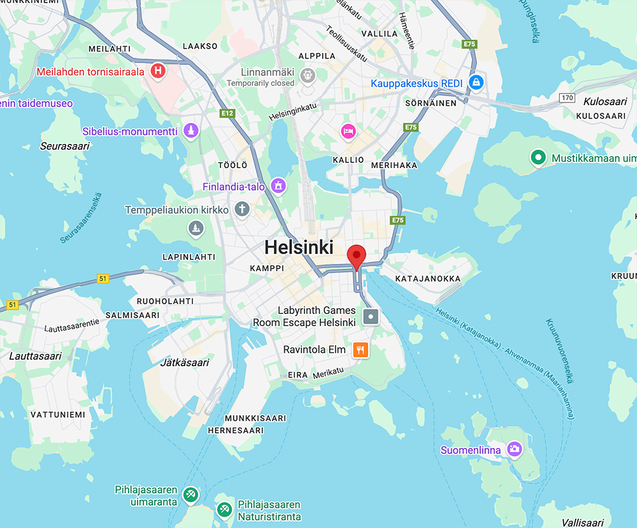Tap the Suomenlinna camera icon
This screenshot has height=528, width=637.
coord(514,450)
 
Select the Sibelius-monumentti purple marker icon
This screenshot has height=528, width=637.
coord(190,131)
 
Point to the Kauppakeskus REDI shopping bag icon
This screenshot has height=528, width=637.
coord(475,83)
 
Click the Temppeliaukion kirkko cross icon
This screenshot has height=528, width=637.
coord(241,209)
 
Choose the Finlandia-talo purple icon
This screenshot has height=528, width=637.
coord(278,186)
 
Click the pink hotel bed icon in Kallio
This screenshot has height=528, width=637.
coord(348,131)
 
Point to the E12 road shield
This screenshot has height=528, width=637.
coord(227,113)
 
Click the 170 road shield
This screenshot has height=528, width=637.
coord(567,97)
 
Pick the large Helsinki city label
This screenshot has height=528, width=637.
coord(299,247)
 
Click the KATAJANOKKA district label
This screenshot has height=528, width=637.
coord(427,278)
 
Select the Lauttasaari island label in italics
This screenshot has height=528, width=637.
coord(36,355)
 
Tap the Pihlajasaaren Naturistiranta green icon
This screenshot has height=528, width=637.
coord(224,510)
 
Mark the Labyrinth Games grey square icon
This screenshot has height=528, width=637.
coord(371,316)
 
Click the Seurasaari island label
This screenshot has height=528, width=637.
coord(65,146)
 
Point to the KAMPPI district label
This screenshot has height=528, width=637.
coord(267,268)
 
